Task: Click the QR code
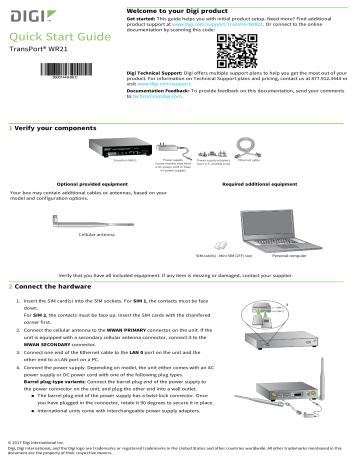[215, 48]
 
